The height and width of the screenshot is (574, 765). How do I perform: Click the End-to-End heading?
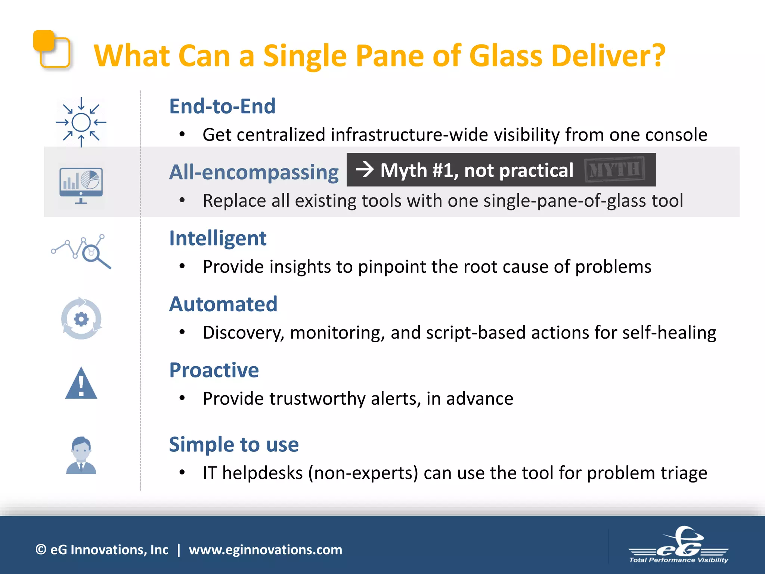[222, 106]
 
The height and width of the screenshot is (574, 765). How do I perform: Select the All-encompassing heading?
[254, 172]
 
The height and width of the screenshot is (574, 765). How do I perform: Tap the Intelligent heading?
[218, 238]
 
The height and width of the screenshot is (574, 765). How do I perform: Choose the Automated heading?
[223, 304]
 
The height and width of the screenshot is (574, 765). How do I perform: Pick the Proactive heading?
[214, 370]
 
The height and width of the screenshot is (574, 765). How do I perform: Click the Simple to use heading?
[234, 444]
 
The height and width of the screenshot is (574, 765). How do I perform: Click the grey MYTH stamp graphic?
[614, 170]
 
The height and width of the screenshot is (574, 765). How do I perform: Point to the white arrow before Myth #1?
[365, 170]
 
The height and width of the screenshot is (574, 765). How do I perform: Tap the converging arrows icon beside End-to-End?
[81, 122]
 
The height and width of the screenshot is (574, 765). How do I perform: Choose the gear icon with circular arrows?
[81, 319]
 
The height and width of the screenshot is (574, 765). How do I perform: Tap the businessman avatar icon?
[81, 455]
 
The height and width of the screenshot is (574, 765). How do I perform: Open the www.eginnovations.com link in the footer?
[265, 550]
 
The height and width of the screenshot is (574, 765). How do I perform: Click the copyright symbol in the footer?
[41, 550]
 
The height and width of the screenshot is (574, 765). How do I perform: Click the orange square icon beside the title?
[52, 49]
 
